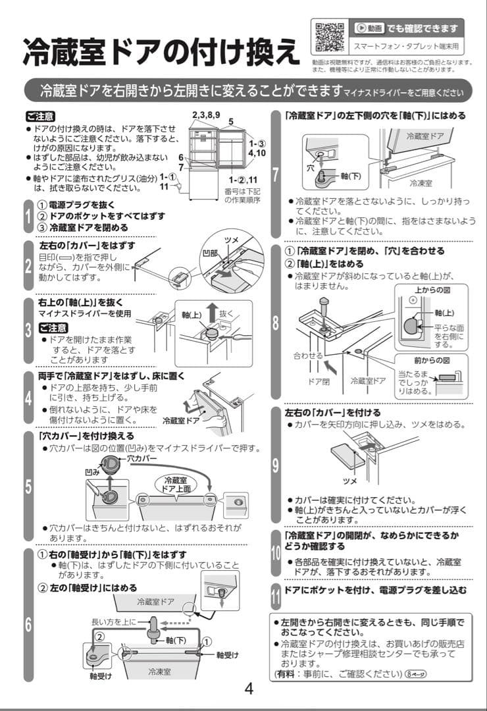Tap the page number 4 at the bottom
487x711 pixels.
pyautogui.click(x=249, y=689)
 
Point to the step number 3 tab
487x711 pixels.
pyautogui.click(x=28, y=330)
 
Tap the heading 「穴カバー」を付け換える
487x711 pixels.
pyautogui.click(x=86, y=436)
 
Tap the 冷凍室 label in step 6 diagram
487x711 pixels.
pyautogui.click(x=159, y=671)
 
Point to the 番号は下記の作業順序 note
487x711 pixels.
pyautogui.click(x=243, y=195)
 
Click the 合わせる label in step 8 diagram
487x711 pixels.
pyautogui.click(x=307, y=355)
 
